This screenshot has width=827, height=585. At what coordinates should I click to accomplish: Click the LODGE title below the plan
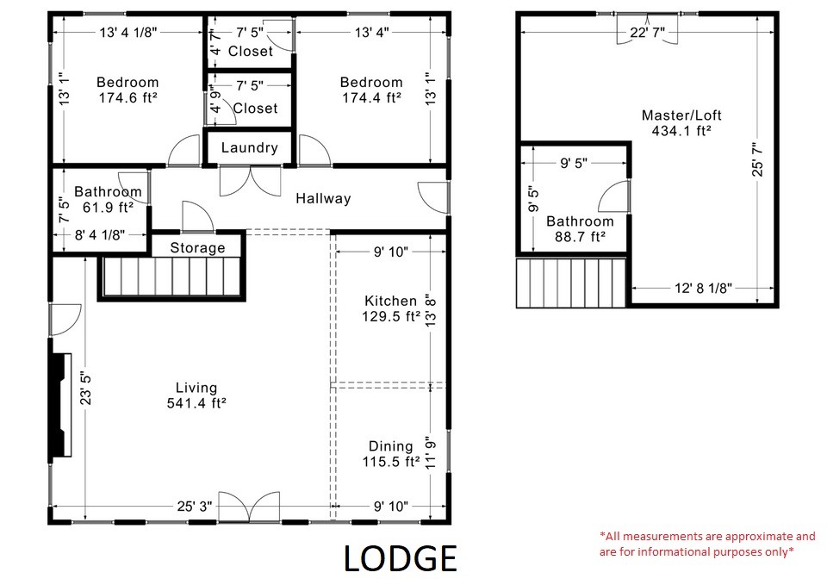(x=400, y=558)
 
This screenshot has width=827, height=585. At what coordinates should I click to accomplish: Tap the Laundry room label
(x=249, y=147)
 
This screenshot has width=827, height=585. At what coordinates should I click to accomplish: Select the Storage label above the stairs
(x=197, y=248)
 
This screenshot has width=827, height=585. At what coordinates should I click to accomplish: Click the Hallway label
(x=323, y=198)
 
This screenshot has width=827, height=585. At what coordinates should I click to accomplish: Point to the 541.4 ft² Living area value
(x=196, y=402)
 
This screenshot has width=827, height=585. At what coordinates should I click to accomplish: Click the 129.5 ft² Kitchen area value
(x=390, y=316)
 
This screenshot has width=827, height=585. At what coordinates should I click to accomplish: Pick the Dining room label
(x=390, y=446)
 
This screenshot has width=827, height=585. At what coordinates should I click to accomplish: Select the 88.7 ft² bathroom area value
(x=580, y=237)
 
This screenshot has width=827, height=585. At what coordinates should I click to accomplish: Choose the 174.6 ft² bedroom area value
(x=127, y=98)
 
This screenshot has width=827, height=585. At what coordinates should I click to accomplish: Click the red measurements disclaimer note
(x=706, y=544)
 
